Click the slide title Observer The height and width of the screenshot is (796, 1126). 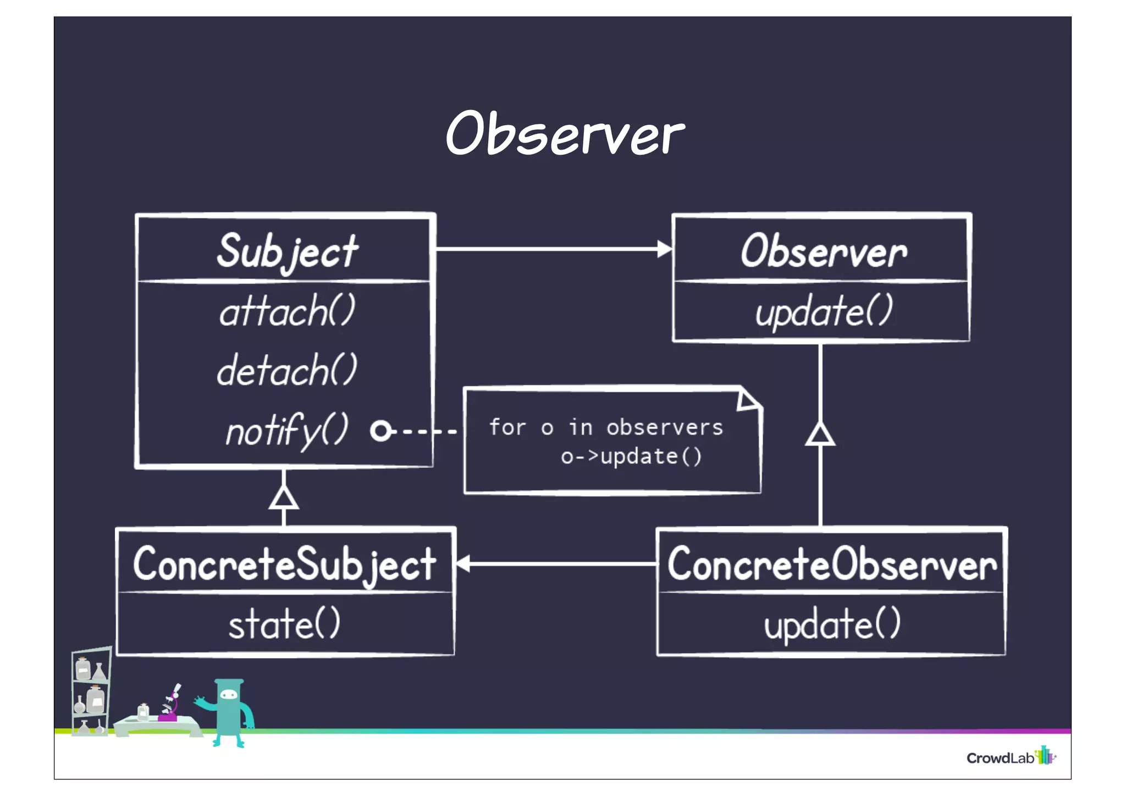(565, 134)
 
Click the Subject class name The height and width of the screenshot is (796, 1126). (287, 252)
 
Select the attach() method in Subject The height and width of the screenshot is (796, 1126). (287, 311)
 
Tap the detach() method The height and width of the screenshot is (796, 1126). (287, 370)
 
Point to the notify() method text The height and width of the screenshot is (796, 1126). (287, 430)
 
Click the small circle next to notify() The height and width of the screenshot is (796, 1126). (380, 431)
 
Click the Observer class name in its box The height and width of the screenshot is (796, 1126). (823, 251)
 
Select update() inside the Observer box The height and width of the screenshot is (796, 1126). (823, 311)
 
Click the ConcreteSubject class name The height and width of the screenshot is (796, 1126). (284, 564)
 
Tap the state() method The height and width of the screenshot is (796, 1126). (284, 624)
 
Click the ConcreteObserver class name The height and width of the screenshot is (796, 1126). (831, 564)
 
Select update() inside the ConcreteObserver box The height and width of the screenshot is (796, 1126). (831, 624)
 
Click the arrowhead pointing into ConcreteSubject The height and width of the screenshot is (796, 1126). (463, 563)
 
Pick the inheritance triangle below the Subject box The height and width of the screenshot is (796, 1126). (284, 498)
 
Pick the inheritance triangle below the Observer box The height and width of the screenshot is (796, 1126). (820, 435)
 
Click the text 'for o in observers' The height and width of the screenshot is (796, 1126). (606, 427)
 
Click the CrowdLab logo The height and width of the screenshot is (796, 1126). (1011, 757)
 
